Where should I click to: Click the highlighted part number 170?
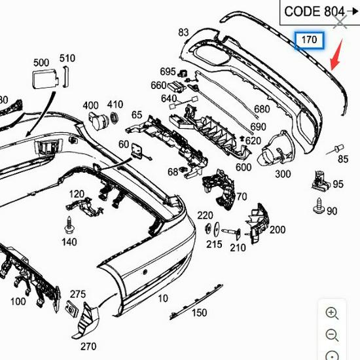tap(309, 41)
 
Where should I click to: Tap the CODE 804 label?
tap(314, 11)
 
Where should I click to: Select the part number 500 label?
tap(41, 63)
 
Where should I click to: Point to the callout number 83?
tap(183, 32)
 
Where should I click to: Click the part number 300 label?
tap(283, 174)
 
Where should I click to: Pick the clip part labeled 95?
tap(320, 177)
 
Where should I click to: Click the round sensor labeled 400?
tap(100, 121)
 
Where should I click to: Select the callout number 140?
tap(69, 242)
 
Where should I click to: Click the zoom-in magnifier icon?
tap(333, 313)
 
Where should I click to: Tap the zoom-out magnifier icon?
tap(333, 335)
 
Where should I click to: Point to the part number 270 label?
tap(88, 346)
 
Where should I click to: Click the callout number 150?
tap(199, 313)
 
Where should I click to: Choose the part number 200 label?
tap(278, 230)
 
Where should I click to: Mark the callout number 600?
tap(243, 168)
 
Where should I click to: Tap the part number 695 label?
tap(168, 71)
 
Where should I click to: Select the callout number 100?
tap(18, 302)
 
